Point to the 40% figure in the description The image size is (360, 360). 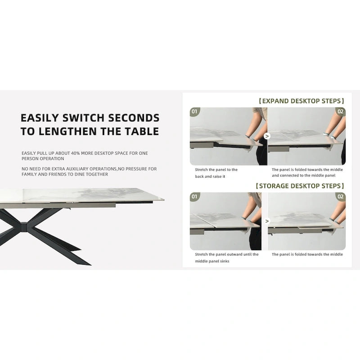point(75,153)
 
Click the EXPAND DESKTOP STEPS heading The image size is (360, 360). point(301,101)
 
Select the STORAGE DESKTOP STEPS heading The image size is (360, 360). point(300,186)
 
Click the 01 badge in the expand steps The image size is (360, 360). point(194,112)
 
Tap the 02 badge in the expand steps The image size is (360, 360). point(341,112)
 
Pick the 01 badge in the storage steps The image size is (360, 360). point(194,197)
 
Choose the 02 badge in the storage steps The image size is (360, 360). point(341,197)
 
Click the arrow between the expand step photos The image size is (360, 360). point(267,136)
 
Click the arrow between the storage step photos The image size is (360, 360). point(267,221)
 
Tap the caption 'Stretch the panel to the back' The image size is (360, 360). point(216,173)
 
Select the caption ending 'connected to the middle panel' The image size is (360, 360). point(307,172)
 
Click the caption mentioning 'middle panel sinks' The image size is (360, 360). point(227,257)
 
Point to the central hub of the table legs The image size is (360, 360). point(24,227)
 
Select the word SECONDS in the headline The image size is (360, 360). point(134,118)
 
